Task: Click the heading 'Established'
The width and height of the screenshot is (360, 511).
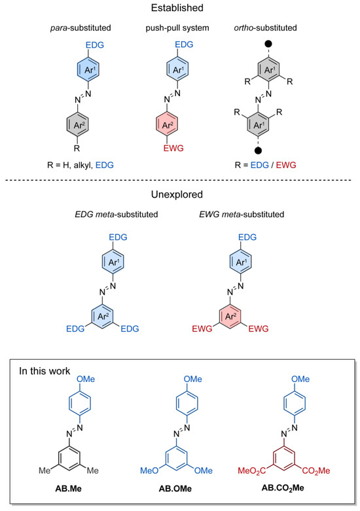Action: click(179, 9)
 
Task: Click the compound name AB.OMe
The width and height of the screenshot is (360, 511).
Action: click(179, 488)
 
